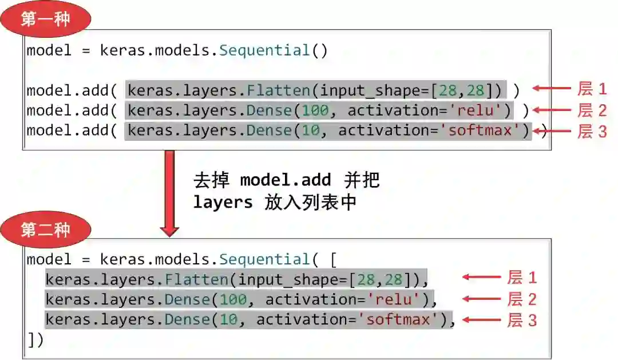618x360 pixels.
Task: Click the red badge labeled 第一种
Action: (45, 19)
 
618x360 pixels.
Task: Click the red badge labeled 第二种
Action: (45, 230)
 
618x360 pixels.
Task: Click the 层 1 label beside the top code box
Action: (592, 89)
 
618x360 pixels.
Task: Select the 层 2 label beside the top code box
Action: (592, 110)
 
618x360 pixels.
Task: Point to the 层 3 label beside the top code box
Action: (592, 131)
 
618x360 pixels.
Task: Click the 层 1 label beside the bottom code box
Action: (522, 278)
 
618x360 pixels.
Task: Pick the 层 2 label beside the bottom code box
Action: (522, 299)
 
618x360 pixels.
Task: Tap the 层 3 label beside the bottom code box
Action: (522, 320)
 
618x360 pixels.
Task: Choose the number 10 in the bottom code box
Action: (228, 319)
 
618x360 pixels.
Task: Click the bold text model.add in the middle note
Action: (285, 180)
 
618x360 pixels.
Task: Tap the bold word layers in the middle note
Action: (223, 202)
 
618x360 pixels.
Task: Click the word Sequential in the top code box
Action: (264, 50)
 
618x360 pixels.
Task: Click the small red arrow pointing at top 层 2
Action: (552, 110)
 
